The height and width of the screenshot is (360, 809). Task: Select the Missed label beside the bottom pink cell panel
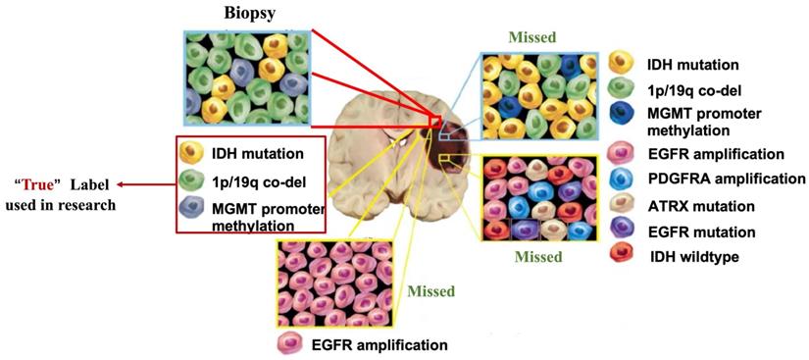427,291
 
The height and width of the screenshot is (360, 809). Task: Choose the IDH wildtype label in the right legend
694,258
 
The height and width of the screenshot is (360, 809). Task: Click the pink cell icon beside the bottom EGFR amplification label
291,344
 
